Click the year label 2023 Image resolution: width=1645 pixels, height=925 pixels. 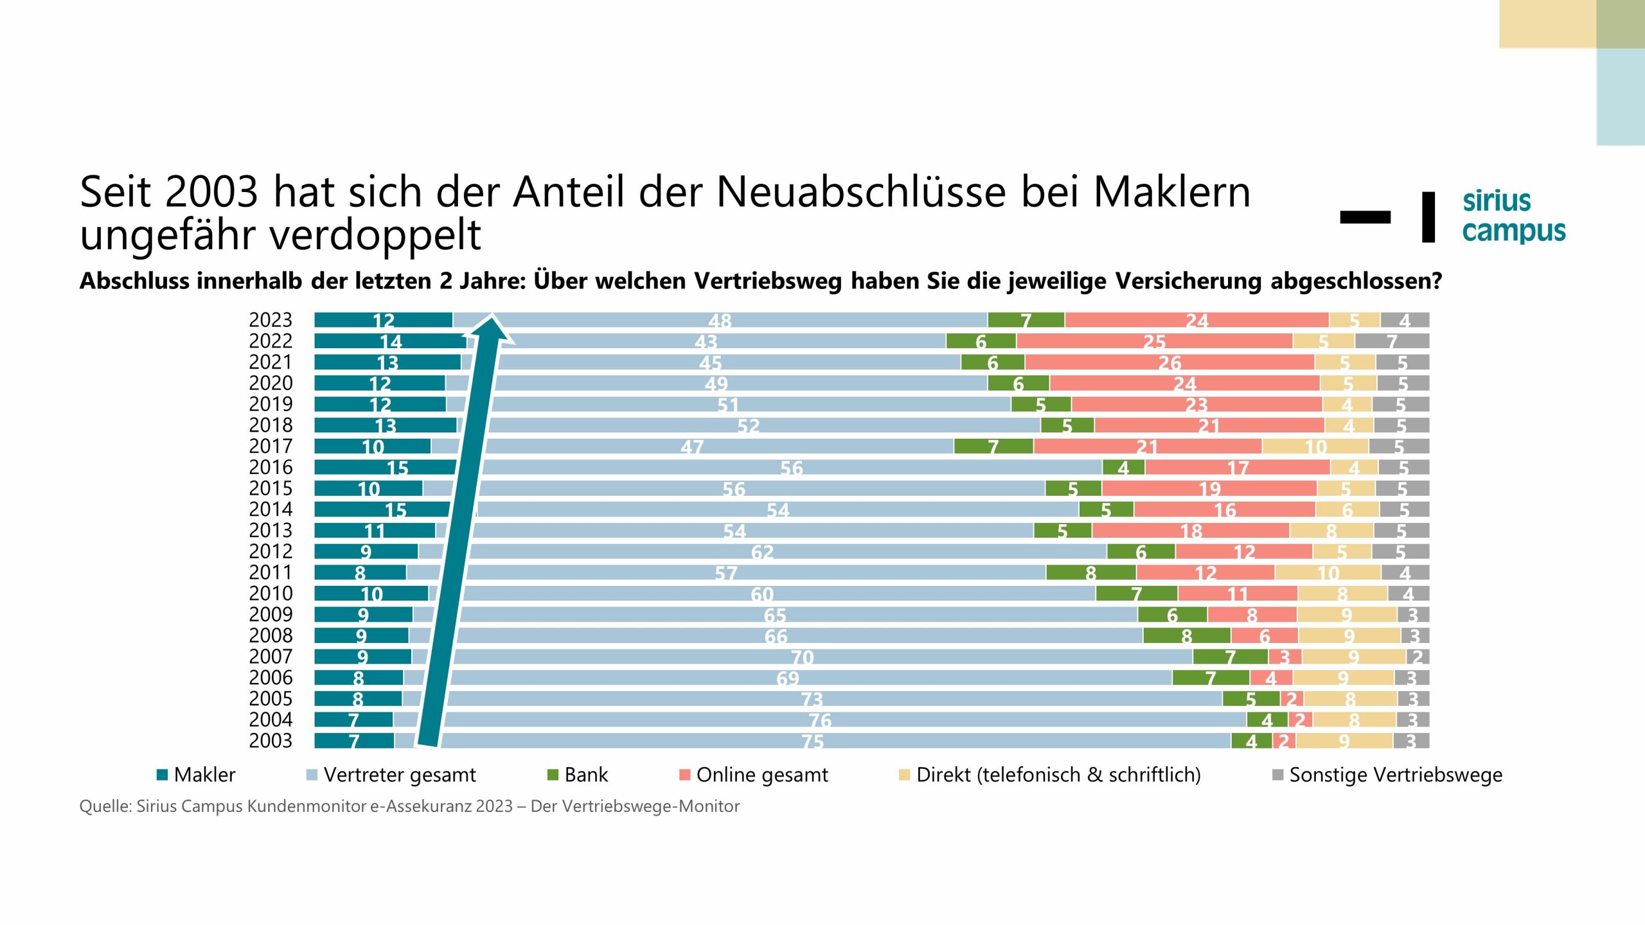click(x=270, y=320)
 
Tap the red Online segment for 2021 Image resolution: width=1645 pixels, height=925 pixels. click(x=1169, y=362)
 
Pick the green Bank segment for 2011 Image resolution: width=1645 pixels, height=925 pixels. click(x=1090, y=572)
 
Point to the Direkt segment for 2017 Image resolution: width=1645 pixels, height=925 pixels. click(x=1315, y=446)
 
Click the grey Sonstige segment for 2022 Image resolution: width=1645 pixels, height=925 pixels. click(x=1392, y=341)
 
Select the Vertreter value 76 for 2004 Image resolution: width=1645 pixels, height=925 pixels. click(x=820, y=720)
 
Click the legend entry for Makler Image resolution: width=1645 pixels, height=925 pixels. click(x=196, y=775)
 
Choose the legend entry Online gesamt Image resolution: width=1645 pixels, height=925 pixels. click(x=753, y=775)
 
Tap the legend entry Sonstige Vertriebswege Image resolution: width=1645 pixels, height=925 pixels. click(x=1387, y=775)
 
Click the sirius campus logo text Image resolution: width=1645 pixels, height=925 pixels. click(x=1513, y=216)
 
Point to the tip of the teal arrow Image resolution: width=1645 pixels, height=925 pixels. click(x=492, y=316)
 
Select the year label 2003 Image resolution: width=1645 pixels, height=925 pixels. click(x=270, y=741)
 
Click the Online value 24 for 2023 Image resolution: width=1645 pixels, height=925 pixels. click(x=1196, y=320)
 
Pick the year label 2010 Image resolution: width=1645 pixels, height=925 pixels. click(x=270, y=594)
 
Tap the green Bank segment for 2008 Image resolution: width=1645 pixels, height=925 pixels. click(x=1186, y=636)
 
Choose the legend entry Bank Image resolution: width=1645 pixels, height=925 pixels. click(x=577, y=775)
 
